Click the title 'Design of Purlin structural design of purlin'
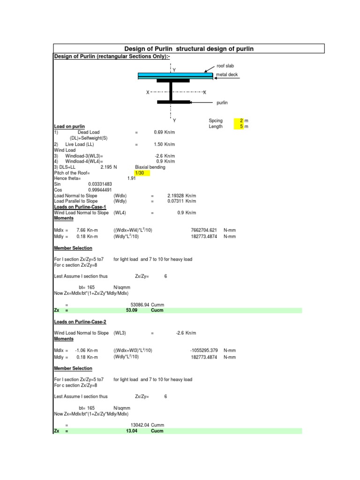tap(188, 49)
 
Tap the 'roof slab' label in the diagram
tap(225, 67)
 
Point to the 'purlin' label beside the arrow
tap(222, 102)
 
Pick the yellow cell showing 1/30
tap(142, 173)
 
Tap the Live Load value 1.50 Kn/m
tap(164, 144)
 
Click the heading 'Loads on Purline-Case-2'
tap(80, 322)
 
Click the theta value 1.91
tap(131, 179)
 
